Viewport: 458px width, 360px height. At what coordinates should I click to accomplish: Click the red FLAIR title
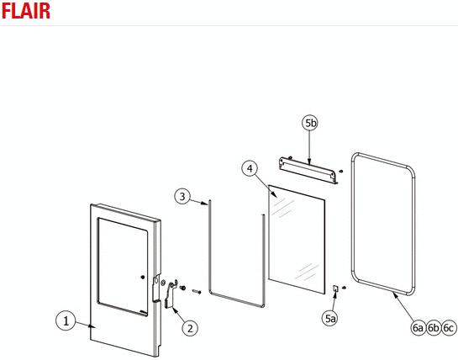[26, 11]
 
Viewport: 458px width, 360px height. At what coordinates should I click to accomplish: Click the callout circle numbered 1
[66, 320]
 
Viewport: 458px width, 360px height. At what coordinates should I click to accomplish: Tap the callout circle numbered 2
[190, 328]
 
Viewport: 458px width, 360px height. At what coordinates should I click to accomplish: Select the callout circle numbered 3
[182, 196]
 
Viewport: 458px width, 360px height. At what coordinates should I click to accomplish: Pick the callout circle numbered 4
[250, 169]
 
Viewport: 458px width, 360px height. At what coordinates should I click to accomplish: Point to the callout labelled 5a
[330, 318]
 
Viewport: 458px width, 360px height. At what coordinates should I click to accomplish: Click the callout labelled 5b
[310, 123]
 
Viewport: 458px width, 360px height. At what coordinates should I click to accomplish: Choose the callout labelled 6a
[418, 327]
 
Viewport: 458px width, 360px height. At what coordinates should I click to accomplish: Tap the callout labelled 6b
[433, 327]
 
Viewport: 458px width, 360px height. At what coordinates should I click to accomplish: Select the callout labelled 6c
[449, 327]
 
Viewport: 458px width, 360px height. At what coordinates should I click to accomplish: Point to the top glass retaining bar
[308, 171]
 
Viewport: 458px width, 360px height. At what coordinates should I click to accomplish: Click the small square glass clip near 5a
[336, 289]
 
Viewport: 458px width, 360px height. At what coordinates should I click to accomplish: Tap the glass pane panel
[297, 239]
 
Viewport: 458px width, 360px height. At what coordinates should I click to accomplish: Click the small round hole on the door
[143, 277]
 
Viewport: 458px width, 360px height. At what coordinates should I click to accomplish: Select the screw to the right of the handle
[197, 291]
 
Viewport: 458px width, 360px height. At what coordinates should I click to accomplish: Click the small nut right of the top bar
[341, 171]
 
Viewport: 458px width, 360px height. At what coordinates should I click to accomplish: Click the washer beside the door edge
[163, 283]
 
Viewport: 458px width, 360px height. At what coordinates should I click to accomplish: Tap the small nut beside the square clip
[344, 288]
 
